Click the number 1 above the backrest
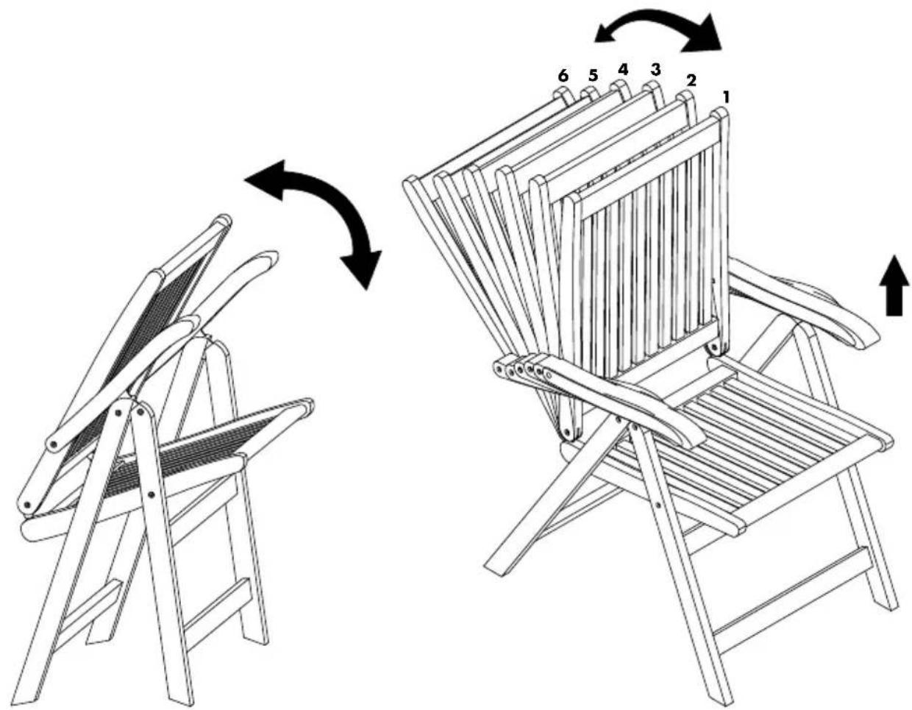click(x=725, y=97)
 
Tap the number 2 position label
click(x=691, y=80)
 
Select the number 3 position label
click(x=655, y=69)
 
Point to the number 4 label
click(x=623, y=70)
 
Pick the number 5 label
click(x=593, y=76)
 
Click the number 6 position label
click(x=563, y=76)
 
